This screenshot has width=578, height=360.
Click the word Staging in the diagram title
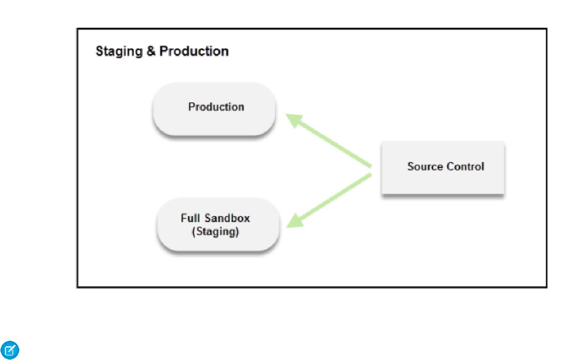pyautogui.click(x=119, y=52)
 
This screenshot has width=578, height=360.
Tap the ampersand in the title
pyautogui.click(x=151, y=51)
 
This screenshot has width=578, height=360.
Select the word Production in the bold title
pyautogui.click(x=194, y=51)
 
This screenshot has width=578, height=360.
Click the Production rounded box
pyautogui.click(x=214, y=109)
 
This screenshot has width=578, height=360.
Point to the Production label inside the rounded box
pyautogui.click(x=216, y=107)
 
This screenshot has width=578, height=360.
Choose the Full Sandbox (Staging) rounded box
pyautogui.click(x=218, y=225)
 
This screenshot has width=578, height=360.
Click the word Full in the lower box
pyautogui.click(x=190, y=218)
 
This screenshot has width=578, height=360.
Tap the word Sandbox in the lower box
pyautogui.click(x=227, y=218)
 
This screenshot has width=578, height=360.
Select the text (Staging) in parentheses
pyautogui.click(x=215, y=231)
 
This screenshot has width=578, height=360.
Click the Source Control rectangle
pyautogui.click(x=443, y=168)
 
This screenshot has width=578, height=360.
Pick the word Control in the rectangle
pyautogui.click(x=466, y=166)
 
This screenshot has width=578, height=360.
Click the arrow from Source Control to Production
pyautogui.click(x=329, y=140)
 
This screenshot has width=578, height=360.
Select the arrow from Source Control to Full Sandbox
pyautogui.click(x=329, y=201)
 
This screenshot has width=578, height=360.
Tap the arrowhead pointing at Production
pyautogui.click(x=294, y=120)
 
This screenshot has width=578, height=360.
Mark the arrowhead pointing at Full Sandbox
pyautogui.click(x=295, y=221)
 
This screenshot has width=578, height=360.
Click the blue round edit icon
pyautogui.click(x=10, y=350)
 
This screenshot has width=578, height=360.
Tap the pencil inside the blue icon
pyautogui.click(x=10, y=350)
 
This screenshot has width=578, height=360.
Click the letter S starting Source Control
pyautogui.click(x=411, y=166)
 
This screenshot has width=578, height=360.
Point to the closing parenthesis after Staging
pyautogui.click(x=238, y=231)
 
